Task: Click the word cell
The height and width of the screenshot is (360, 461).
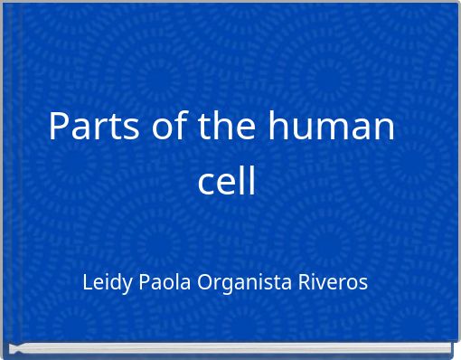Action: (227, 181)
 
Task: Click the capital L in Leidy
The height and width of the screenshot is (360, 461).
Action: (87, 282)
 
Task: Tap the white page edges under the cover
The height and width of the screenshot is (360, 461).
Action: (230, 348)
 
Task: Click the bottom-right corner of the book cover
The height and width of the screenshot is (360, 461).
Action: (451, 342)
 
